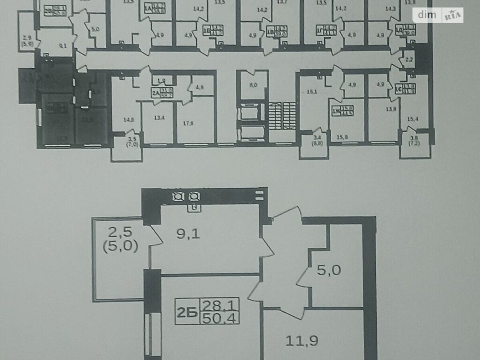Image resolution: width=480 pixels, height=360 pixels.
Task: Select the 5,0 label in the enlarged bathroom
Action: click(x=329, y=270)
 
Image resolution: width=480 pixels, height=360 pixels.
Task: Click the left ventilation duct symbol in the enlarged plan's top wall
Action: click(x=179, y=196)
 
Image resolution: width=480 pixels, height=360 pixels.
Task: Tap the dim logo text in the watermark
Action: click(x=425, y=15)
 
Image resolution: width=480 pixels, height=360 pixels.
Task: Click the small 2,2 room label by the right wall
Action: click(x=408, y=60)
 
